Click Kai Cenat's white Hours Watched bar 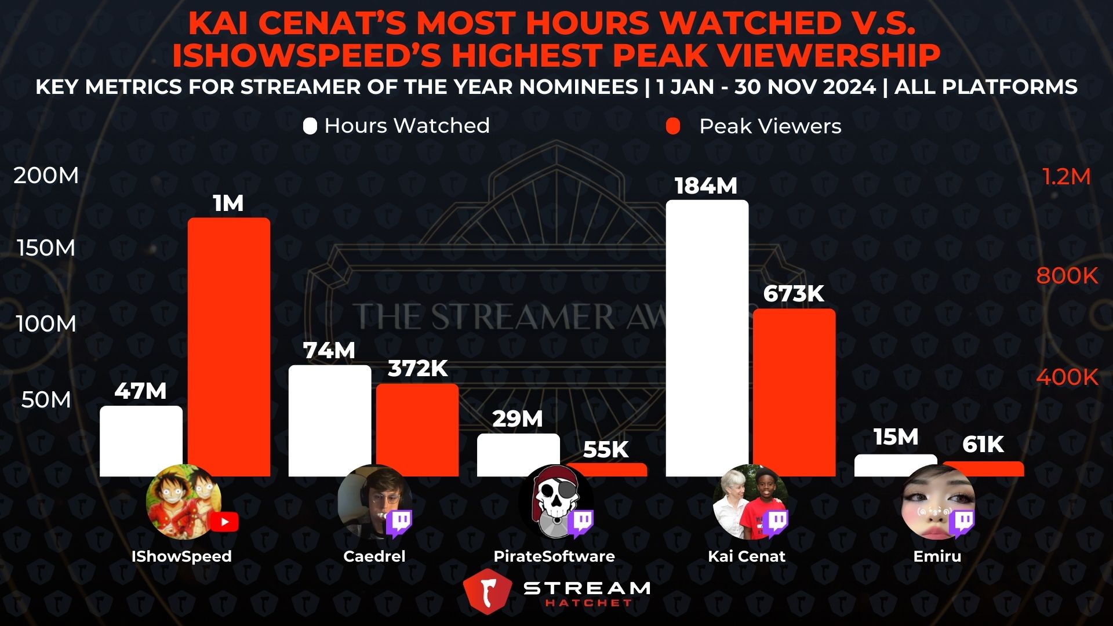[x=707, y=336]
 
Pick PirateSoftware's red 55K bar [x=606, y=469]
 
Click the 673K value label [x=794, y=294]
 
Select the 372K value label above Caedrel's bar [x=417, y=369]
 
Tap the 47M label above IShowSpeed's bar [x=140, y=391]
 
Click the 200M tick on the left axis [x=46, y=176]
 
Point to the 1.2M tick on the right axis [x=1066, y=177]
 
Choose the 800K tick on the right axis [x=1067, y=276]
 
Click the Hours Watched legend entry [x=397, y=126]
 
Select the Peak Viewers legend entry [x=754, y=126]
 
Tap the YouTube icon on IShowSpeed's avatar [x=224, y=522]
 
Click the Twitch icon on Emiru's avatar [x=963, y=522]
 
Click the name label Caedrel [x=374, y=556]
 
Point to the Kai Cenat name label [x=747, y=556]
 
